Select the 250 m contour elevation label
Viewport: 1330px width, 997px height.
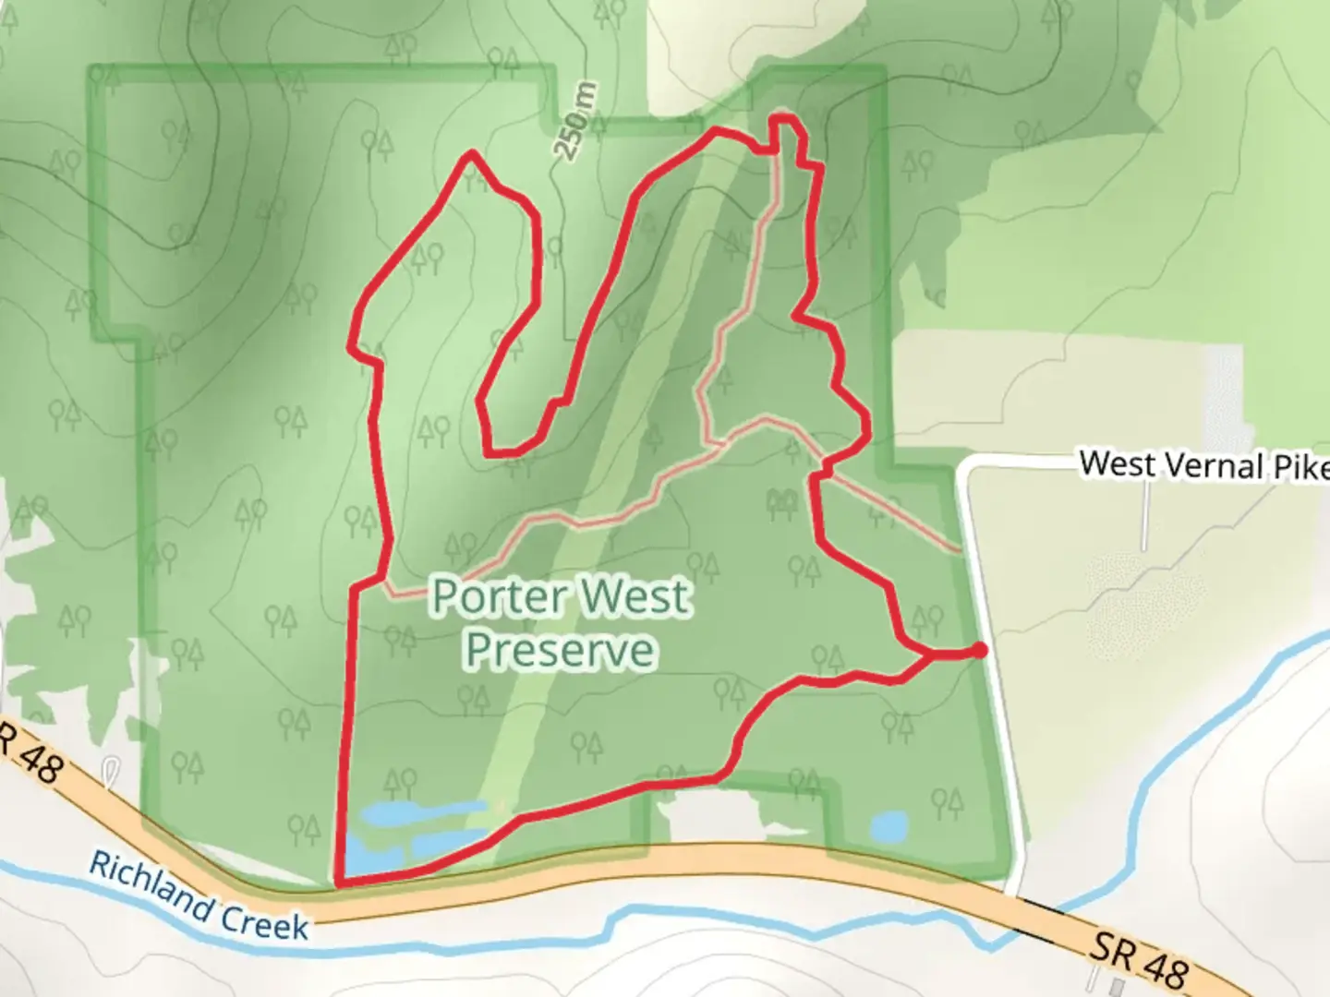point(575,121)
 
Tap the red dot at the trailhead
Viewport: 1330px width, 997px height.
point(979,651)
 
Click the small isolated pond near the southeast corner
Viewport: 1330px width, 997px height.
point(889,824)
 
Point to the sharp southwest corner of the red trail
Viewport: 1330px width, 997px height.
point(341,883)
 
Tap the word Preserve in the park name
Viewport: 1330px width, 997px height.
point(561,650)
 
